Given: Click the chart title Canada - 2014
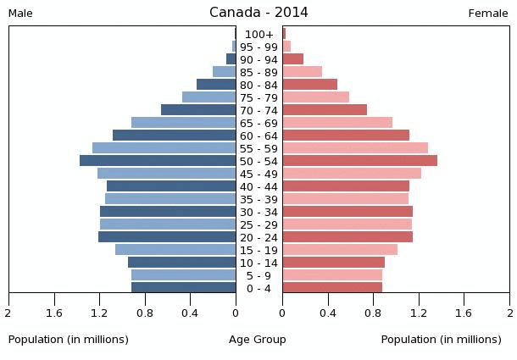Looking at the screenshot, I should coord(258,13).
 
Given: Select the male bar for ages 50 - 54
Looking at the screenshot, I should coord(158,161).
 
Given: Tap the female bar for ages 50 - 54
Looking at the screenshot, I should coord(359,161).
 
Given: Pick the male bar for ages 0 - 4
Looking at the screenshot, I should coord(183,288).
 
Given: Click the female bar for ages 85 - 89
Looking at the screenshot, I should coord(302,72).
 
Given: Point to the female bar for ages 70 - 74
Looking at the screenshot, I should coord(325,110).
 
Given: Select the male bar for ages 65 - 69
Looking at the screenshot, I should coord(183,123).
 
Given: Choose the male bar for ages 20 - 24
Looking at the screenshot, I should coord(167,237).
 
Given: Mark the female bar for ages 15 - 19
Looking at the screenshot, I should coord(340,250).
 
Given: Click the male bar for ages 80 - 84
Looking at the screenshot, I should coord(216,85).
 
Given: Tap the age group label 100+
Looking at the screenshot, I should coord(258,34).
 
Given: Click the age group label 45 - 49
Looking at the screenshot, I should coord(258,174).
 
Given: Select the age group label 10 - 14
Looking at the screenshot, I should coord(258,263).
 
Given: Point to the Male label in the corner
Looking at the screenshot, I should coord(20,14).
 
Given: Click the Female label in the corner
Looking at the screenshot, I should coord(488,14).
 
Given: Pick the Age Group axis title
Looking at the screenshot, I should coord(258,340).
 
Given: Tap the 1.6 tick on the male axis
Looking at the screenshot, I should coord(54,312).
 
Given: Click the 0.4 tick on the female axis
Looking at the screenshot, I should coord(327,312).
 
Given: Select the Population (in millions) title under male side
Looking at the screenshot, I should coord(69,340).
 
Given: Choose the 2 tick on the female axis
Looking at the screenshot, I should coord(509,312).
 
